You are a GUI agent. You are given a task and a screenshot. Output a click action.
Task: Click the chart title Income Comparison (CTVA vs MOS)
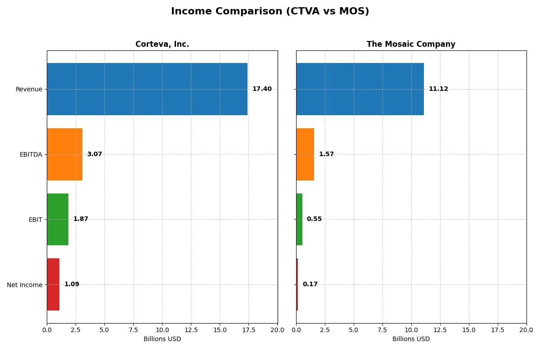point(270,12)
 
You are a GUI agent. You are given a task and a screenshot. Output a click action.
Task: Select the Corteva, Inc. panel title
point(162,44)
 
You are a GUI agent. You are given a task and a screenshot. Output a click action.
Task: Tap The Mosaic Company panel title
point(411,44)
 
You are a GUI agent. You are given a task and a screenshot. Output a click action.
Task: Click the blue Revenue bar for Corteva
point(147,89)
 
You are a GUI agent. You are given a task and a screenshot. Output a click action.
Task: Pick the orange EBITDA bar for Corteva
point(64,154)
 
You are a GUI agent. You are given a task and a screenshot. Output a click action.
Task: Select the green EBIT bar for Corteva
point(58,219)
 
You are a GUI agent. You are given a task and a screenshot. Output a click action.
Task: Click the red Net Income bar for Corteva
point(53,284)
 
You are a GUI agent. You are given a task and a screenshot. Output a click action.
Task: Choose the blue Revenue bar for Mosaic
point(360,89)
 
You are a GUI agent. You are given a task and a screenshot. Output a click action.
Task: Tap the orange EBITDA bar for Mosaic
point(305,154)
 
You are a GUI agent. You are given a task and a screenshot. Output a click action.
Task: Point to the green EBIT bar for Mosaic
point(299,219)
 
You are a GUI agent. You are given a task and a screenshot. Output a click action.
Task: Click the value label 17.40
point(262,89)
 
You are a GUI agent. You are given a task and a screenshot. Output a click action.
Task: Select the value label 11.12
point(438,89)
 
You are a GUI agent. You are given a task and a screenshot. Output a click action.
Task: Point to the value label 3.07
point(94,154)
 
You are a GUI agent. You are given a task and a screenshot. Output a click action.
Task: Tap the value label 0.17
point(310,284)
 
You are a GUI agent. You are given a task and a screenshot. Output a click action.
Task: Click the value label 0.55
point(314,219)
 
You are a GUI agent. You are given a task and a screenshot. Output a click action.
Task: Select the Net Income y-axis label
point(24,285)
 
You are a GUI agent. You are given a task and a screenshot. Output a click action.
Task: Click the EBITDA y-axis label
point(31,155)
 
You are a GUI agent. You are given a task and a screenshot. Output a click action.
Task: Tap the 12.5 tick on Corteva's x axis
point(191,330)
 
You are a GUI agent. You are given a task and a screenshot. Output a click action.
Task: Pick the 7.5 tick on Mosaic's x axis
point(382,330)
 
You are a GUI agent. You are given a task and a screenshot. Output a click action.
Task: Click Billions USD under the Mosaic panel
point(411,339)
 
